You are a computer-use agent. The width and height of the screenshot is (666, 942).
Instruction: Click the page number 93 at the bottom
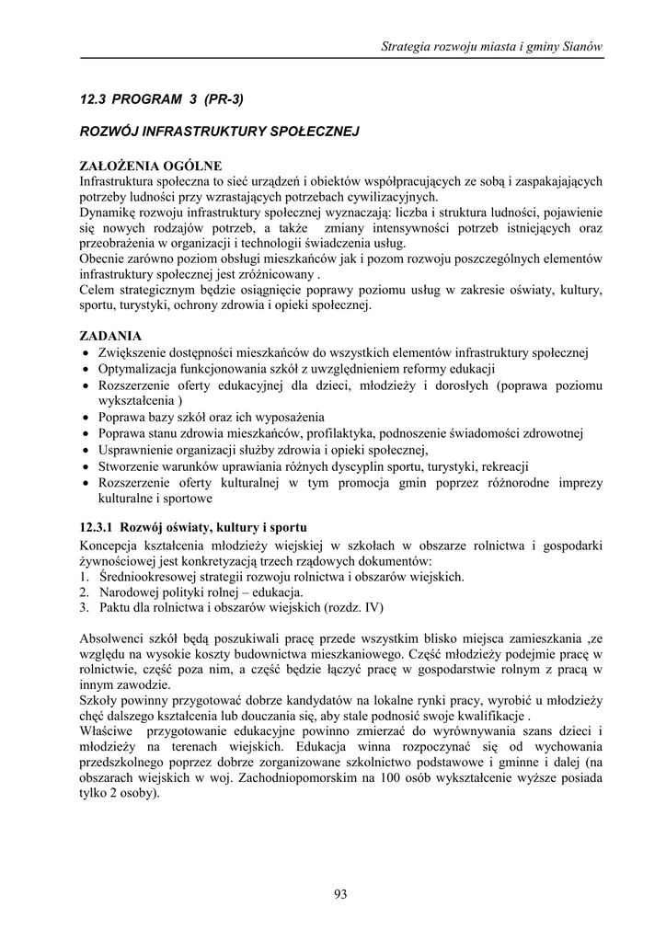340,893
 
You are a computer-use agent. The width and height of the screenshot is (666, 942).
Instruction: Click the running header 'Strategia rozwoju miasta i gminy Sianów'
492,47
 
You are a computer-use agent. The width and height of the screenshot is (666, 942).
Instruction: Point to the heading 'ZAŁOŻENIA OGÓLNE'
151,166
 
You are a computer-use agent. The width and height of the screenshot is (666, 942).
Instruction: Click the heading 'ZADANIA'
110,336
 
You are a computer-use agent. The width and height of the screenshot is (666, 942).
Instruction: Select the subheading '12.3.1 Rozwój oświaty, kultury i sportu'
191,528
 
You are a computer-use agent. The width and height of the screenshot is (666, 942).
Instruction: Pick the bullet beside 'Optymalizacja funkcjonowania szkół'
86,369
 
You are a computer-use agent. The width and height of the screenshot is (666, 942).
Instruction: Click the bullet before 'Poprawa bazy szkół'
86,417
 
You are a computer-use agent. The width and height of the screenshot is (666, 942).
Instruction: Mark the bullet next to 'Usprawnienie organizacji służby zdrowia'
86,450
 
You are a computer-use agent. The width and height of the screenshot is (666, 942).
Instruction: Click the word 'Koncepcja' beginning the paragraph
109,546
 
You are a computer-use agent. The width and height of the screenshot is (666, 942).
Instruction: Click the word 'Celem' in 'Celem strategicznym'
98,291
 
